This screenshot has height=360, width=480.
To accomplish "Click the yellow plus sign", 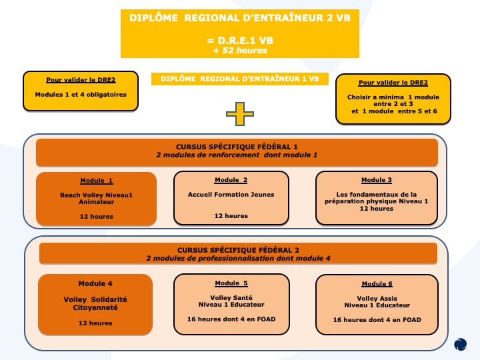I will (x=240, y=115).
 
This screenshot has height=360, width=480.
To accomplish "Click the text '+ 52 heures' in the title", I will (x=240, y=51).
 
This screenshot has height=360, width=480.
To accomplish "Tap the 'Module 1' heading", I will (x=97, y=181).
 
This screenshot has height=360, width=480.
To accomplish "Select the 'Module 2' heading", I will (x=231, y=180).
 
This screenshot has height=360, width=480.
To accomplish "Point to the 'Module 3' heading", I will (x=377, y=180).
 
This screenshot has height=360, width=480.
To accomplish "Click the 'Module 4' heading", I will (x=95, y=283).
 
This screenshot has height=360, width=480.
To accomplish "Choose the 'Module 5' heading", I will (x=231, y=283).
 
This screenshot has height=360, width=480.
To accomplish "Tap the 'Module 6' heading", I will (x=377, y=283).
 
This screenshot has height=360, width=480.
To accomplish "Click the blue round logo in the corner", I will (x=461, y=344).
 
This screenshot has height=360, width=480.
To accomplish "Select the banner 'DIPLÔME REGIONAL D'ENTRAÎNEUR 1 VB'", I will (x=240, y=79).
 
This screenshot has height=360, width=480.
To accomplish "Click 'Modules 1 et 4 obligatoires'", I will (x=81, y=94).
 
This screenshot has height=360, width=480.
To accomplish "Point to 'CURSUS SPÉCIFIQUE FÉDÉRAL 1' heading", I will (x=237, y=147).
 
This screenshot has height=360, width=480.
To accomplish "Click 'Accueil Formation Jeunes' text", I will (x=231, y=195).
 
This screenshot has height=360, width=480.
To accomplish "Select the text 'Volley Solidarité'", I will (x=95, y=299).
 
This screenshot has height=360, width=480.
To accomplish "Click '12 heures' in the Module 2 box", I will (x=231, y=216).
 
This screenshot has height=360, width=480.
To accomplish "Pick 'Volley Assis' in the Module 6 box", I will (x=377, y=298).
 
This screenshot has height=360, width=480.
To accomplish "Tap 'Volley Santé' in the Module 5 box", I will (x=231, y=297).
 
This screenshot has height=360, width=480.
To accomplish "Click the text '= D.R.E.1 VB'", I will (x=240, y=40).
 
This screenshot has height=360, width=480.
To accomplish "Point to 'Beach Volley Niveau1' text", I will (x=97, y=195).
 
